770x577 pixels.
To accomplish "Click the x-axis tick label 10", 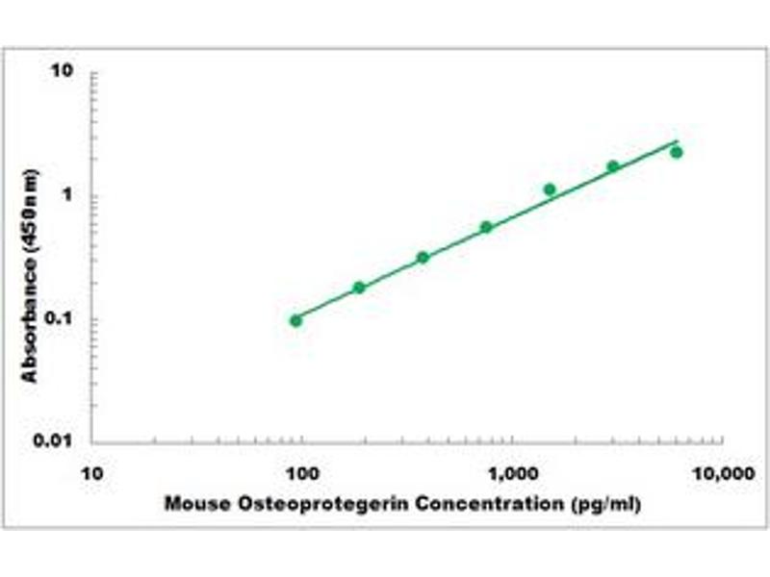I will [x=92, y=473].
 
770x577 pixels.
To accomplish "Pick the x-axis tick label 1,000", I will [x=511, y=473].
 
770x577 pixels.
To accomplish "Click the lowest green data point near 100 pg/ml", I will [x=295, y=320].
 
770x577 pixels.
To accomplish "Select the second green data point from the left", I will [x=359, y=288].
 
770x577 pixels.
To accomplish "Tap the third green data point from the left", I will [x=423, y=257].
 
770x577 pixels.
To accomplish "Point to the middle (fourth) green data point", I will [x=486, y=227].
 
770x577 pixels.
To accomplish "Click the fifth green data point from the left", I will [x=550, y=189].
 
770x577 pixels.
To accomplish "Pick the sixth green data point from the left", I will [x=613, y=166].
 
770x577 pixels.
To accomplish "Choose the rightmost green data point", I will [x=677, y=152].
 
